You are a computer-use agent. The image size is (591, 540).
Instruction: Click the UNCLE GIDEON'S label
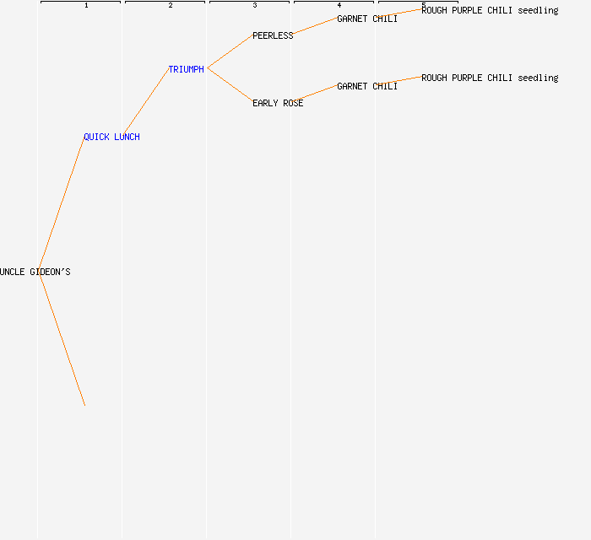pyautogui.click(x=35, y=272)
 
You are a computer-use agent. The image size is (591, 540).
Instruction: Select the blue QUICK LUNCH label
pyautogui.click(x=111, y=137)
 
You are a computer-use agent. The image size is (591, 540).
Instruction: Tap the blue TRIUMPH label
pyautogui.click(x=187, y=69)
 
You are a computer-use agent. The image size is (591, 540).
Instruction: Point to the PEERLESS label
pyautogui.click(x=273, y=35)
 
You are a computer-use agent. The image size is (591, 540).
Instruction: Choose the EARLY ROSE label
pyautogui.click(x=278, y=103)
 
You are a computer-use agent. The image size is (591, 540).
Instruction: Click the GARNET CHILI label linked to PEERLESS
pyautogui.click(x=367, y=19)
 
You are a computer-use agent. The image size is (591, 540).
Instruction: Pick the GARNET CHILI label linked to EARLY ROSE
pyautogui.click(x=367, y=86)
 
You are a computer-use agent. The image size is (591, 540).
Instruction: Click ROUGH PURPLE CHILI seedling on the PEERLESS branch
pyautogui.click(x=490, y=10)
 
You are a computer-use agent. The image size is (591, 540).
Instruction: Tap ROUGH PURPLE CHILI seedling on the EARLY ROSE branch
pyautogui.click(x=490, y=78)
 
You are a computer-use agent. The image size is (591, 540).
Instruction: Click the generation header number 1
pyautogui.click(x=86, y=5)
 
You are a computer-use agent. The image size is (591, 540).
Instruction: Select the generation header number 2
pyautogui.click(x=171, y=5)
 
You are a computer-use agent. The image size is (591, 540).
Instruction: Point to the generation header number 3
pyautogui.click(x=255, y=5)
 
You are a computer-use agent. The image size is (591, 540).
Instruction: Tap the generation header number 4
pyautogui.click(x=339, y=5)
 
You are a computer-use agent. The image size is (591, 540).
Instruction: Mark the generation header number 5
pyautogui.click(x=424, y=5)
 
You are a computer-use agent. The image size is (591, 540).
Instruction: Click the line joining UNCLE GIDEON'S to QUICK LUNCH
pyautogui.click(x=62, y=203)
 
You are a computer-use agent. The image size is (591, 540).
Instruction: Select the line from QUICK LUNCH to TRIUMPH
pyautogui.click(x=146, y=102)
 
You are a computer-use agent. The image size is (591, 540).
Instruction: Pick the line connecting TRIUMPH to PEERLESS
pyautogui.click(x=230, y=51)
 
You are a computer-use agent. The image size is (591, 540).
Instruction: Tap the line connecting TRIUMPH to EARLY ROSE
pyautogui.click(x=230, y=85)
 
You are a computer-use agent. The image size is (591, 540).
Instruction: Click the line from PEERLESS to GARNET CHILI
pyautogui.click(x=315, y=25)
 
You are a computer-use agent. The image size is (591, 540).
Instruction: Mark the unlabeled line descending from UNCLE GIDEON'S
pyautogui.click(x=62, y=339)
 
